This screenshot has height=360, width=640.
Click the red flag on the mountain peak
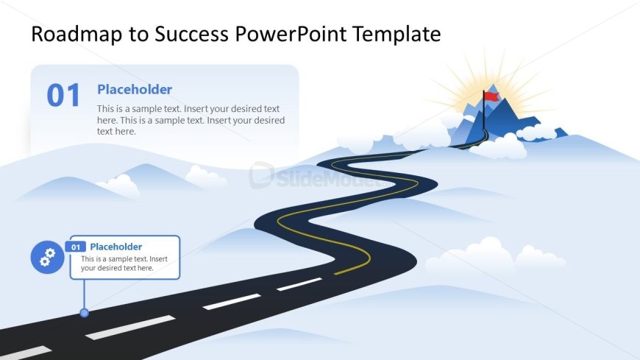492,96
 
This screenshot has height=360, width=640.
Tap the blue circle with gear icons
47,257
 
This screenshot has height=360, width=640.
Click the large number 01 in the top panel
63,96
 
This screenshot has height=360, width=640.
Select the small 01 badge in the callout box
76,247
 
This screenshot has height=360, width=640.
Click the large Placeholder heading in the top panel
135,90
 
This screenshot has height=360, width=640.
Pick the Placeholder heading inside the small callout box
116,247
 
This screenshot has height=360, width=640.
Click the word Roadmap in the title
77,34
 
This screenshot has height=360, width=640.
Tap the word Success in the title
191,34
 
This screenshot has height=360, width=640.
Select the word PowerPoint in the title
291,34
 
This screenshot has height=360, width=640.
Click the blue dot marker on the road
85,313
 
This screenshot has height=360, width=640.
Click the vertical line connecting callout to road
85,294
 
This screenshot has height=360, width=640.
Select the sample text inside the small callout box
124,264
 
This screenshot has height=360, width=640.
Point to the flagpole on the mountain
484,110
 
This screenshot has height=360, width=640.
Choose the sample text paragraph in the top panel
191,120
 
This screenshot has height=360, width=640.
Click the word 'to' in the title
138,35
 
